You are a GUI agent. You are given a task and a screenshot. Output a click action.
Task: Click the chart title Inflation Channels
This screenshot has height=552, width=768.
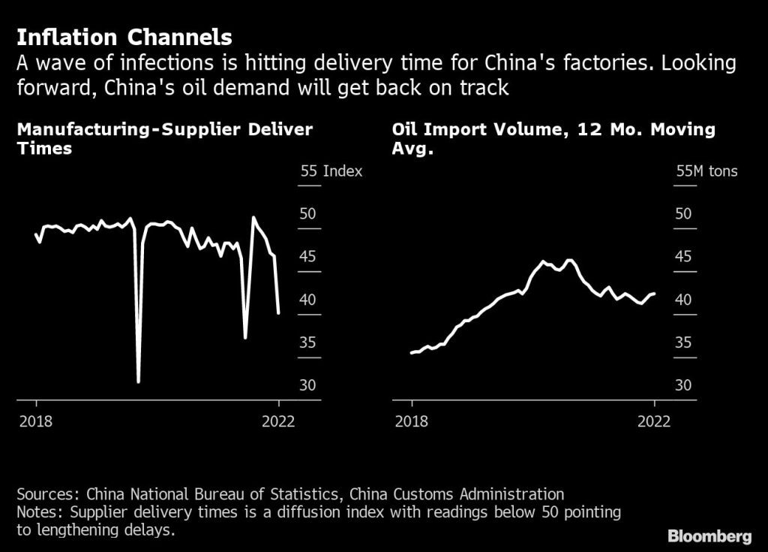tap(124, 37)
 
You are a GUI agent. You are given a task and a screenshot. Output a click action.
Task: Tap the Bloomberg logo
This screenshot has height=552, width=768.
tap(709, 535)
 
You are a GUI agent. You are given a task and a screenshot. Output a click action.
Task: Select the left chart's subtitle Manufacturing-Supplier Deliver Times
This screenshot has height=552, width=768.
tap(164, 138)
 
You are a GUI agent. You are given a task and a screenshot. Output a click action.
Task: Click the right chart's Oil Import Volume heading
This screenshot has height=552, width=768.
tap(553, 138)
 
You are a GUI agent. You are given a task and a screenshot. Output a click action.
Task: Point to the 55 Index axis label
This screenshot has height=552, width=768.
tap(331, 171)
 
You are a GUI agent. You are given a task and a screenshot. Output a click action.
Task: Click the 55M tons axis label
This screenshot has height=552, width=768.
tap(706, 171)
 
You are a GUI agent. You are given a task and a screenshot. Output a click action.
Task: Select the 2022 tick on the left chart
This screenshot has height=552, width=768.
tap(278, 421)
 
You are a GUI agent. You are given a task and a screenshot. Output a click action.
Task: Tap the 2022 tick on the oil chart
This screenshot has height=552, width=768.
tap(654, 421)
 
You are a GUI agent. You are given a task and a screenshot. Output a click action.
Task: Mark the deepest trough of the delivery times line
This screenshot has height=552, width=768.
tap(138, 382)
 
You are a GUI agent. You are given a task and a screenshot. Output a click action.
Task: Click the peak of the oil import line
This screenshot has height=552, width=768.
tap(569, 260)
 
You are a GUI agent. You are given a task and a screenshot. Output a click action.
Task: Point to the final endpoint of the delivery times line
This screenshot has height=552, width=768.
tap(279, 313)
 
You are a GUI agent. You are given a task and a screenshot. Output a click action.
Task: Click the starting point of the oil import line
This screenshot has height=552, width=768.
tap(411, 352)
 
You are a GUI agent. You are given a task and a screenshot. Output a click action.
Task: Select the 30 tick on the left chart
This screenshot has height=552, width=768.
tap(308, 385)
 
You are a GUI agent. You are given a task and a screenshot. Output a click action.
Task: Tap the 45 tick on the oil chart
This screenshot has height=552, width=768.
tap(683, 257)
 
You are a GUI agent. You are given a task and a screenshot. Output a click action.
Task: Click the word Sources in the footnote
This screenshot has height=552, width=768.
tap(47, 494)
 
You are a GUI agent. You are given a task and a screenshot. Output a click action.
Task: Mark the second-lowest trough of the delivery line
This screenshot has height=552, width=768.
tap(245, 337)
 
